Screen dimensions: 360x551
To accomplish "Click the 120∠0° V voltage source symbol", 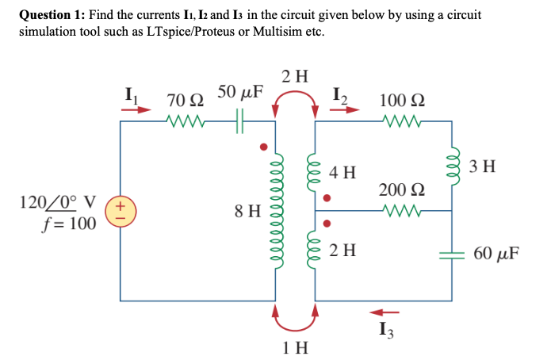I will point(121,212).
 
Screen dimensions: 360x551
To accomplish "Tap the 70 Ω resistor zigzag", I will point(187,121).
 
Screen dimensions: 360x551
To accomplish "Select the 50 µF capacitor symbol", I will point(240,121).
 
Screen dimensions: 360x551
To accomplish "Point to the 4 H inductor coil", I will point(315,172).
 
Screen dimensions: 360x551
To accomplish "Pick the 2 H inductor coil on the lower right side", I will point(315,252).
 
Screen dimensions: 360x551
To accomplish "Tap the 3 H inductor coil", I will point(453,167).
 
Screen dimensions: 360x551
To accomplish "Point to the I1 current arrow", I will point(135,110).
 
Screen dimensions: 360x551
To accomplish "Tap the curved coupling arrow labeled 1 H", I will point(296,321).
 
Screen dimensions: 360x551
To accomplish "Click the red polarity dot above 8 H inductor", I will point(263,146).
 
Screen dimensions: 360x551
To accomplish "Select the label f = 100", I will point(67,224).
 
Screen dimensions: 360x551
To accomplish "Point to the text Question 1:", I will point(52,15).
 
